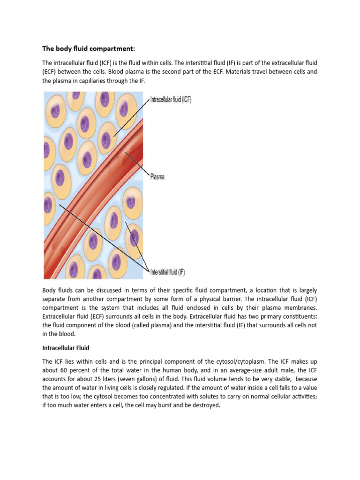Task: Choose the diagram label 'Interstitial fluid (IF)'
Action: tap(167, 272)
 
